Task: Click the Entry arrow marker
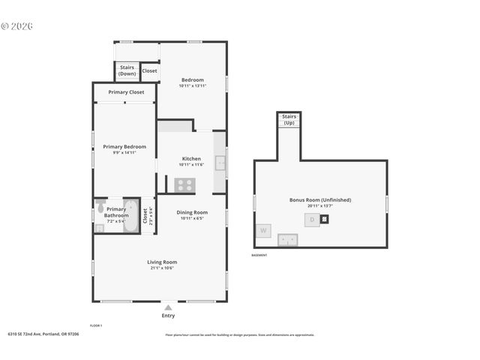(x=168, y=307)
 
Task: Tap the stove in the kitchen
(x=184, y=184)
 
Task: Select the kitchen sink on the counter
(x=220, y=163)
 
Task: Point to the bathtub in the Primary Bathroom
(x=131, y=216)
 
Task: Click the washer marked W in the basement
(x=263, y=231)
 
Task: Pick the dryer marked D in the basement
(x=312, y=220)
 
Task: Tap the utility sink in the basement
(x=287, y=240)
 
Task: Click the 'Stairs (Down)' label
(x=127, y=71)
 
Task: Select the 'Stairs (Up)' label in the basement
(x=289, y=120)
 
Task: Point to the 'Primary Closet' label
(x=126, y=92)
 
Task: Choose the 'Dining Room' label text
(x=192, y=212)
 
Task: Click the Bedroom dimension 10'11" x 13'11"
(x=192, y=85)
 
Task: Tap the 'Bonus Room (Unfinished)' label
(x=320, y=200)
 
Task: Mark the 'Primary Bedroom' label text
(x=124, y=147)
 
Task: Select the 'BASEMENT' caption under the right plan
(x=259, y=256)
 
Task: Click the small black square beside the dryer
(x=325, y=220)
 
